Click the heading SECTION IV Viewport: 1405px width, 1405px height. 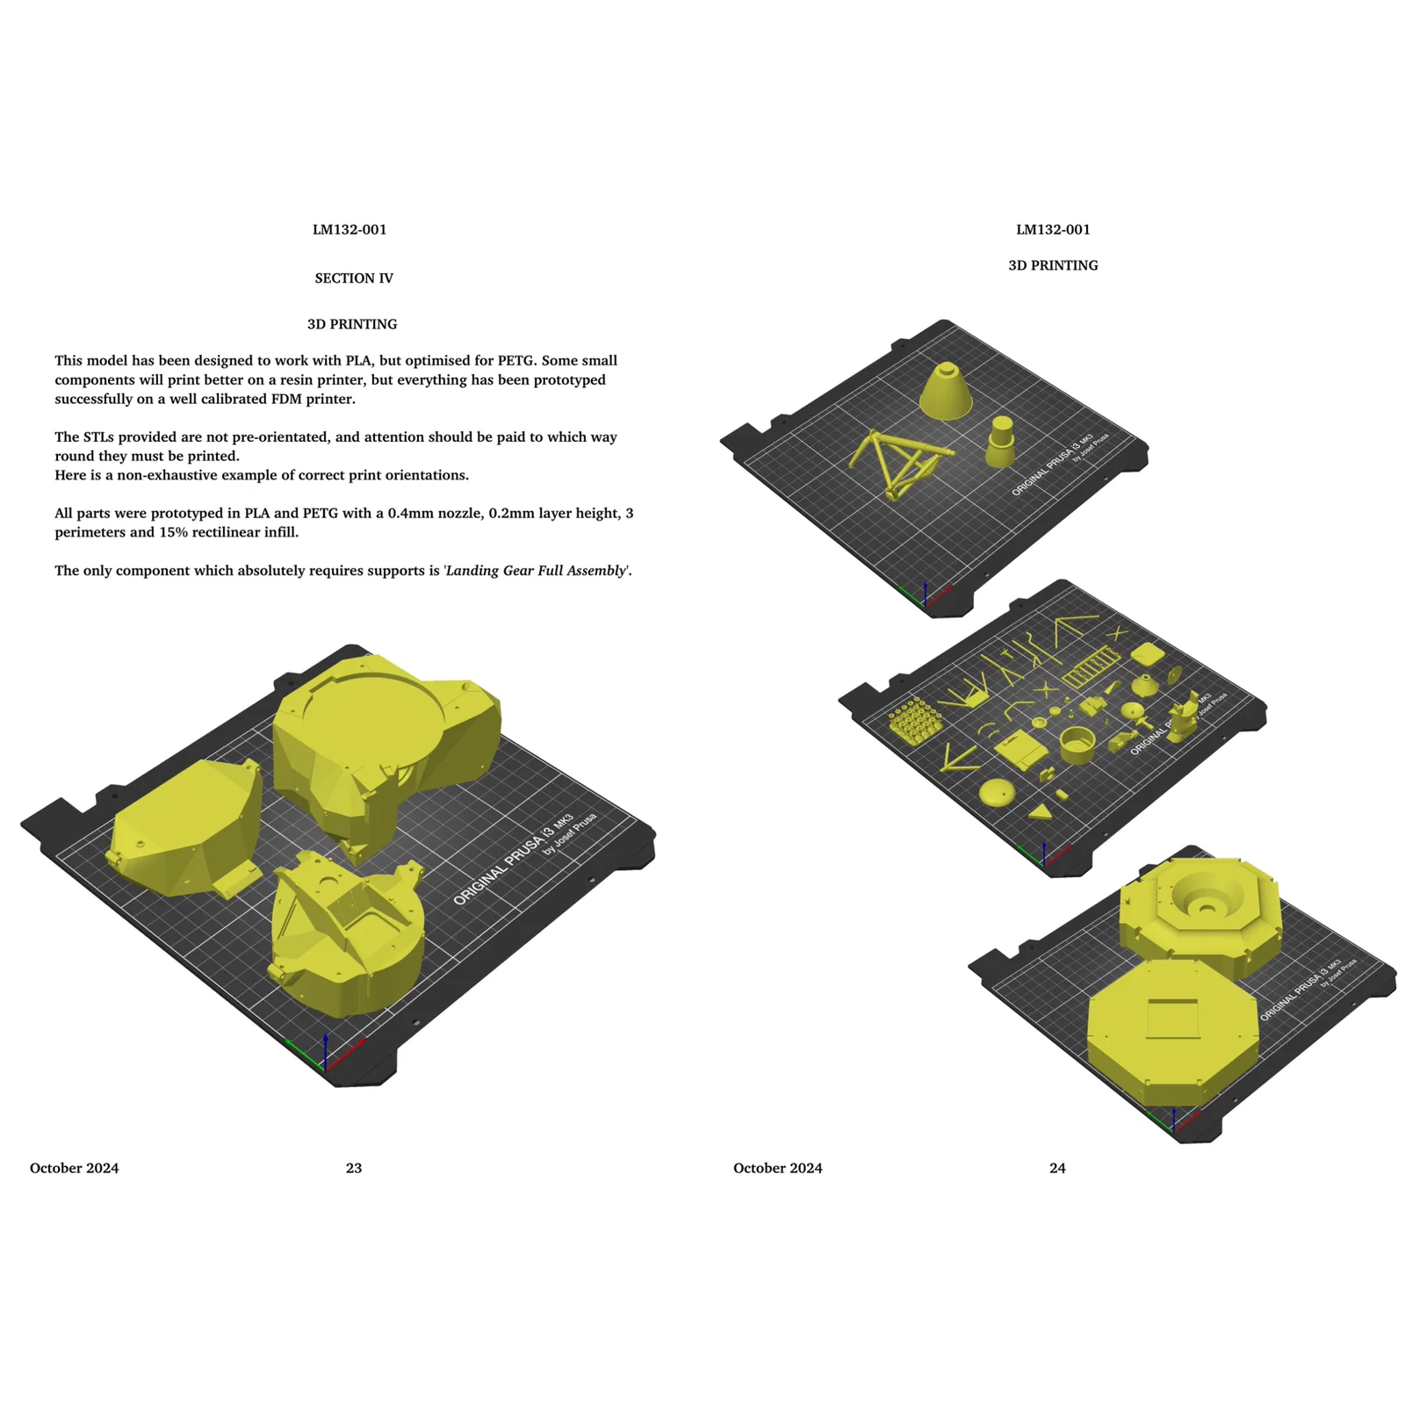tap(354, 278)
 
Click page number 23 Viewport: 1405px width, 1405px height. tap(354, 1168)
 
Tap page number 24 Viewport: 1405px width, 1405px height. tap(1057, 1168)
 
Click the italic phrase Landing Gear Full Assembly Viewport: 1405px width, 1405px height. tap(537, 571)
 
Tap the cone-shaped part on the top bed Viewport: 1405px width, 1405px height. tap(946, 391)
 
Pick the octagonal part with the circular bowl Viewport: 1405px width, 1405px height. tap(1200, 915)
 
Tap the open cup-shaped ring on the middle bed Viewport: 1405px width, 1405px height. tap(1077, 745)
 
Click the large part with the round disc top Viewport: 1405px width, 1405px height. tap(386, 746)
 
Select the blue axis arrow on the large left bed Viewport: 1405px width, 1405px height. tap(325, 1051)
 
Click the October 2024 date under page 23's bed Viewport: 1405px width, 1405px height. tap(75, 1168)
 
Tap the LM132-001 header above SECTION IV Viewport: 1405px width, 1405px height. tap(349, 230)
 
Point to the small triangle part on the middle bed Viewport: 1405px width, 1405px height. tap(1041, 812)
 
